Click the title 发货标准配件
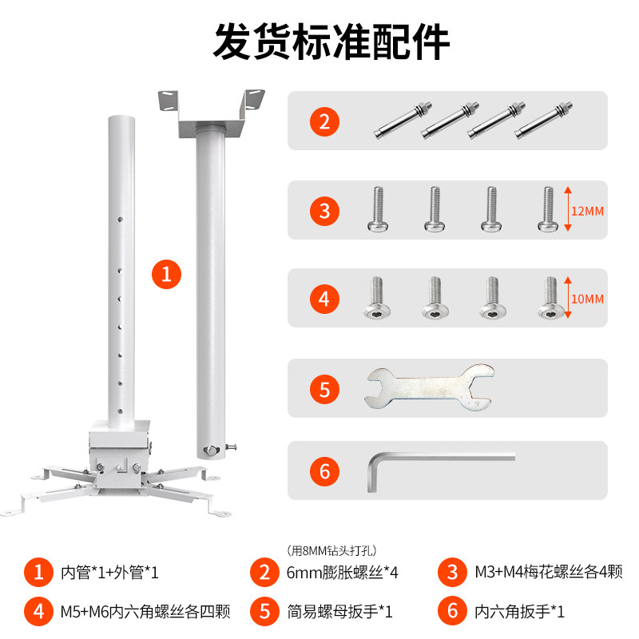pos(331,42)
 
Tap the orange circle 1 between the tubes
pos(166,274)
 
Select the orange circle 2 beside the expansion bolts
pos(324,121)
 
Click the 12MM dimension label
pos(587,211)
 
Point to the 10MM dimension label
pos(587,299)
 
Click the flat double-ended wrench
pos(429,387)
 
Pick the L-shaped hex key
pos(441,470)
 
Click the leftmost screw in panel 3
pos(378,209)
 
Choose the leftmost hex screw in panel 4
pos(377,297)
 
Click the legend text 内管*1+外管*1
pos(109,572)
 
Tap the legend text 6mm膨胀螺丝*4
pos(343,572)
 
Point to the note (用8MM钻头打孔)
pos(331,550)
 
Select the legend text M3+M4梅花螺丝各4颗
pos(549,572)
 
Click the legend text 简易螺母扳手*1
pos(340,611)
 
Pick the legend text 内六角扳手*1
pos(520,611)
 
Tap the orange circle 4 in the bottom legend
pos(38,611)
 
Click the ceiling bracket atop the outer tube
pos(211,113)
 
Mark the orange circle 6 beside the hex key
pos(324,471)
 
